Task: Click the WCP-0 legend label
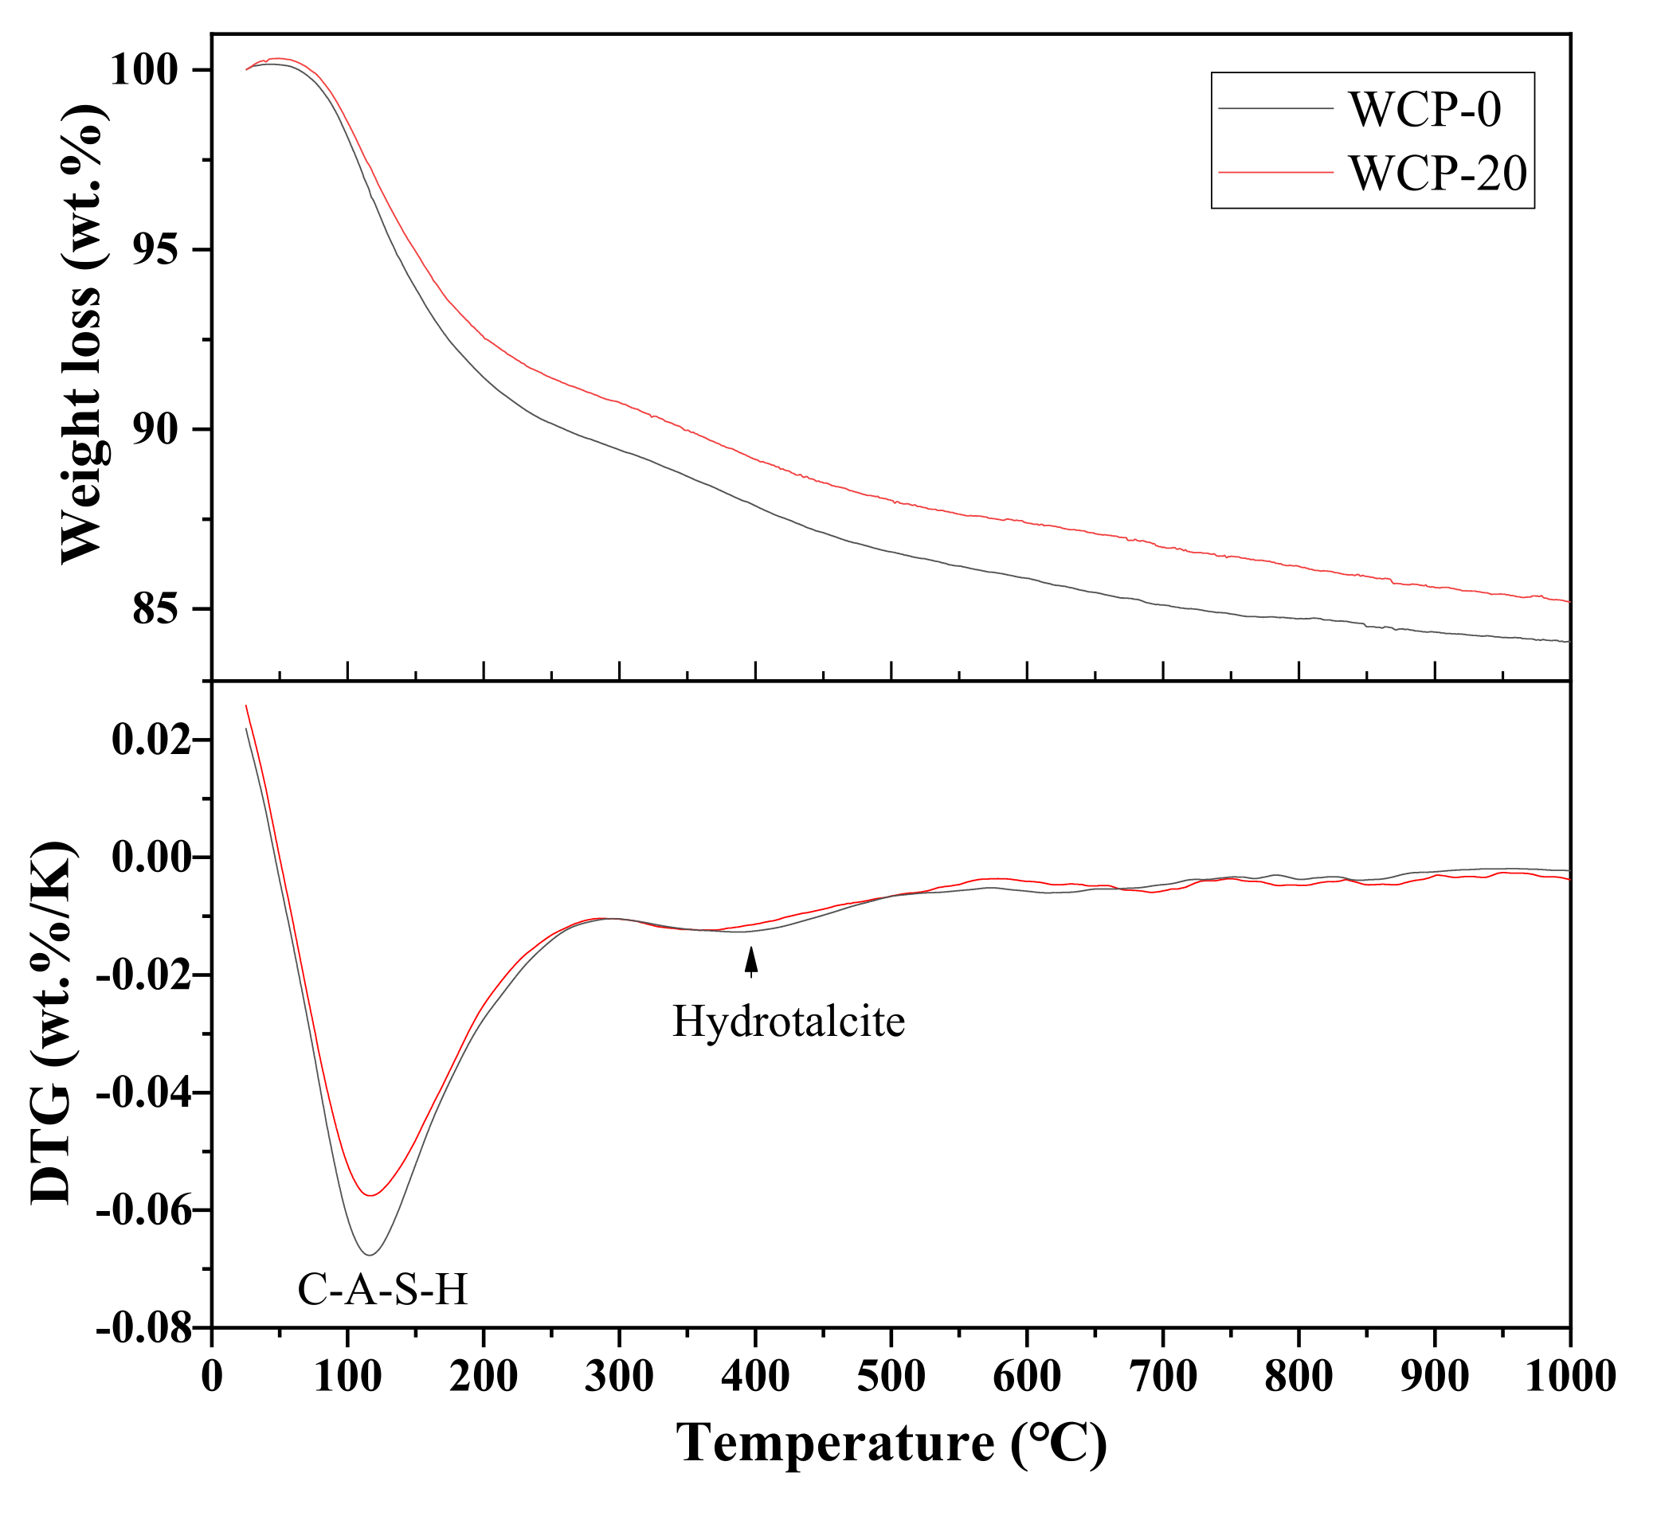(1424, 108)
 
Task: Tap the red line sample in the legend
(1275, 172)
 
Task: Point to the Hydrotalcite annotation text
(788, 1022)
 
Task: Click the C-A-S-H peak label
(382, 1289)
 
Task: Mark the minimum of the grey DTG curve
(370, 1254)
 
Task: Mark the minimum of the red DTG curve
(371, 1195)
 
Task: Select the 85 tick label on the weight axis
(168, 609)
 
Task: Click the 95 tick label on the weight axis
(168, 250)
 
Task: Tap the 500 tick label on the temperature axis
(891, 1376)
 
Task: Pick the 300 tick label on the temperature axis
(620, 1376)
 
